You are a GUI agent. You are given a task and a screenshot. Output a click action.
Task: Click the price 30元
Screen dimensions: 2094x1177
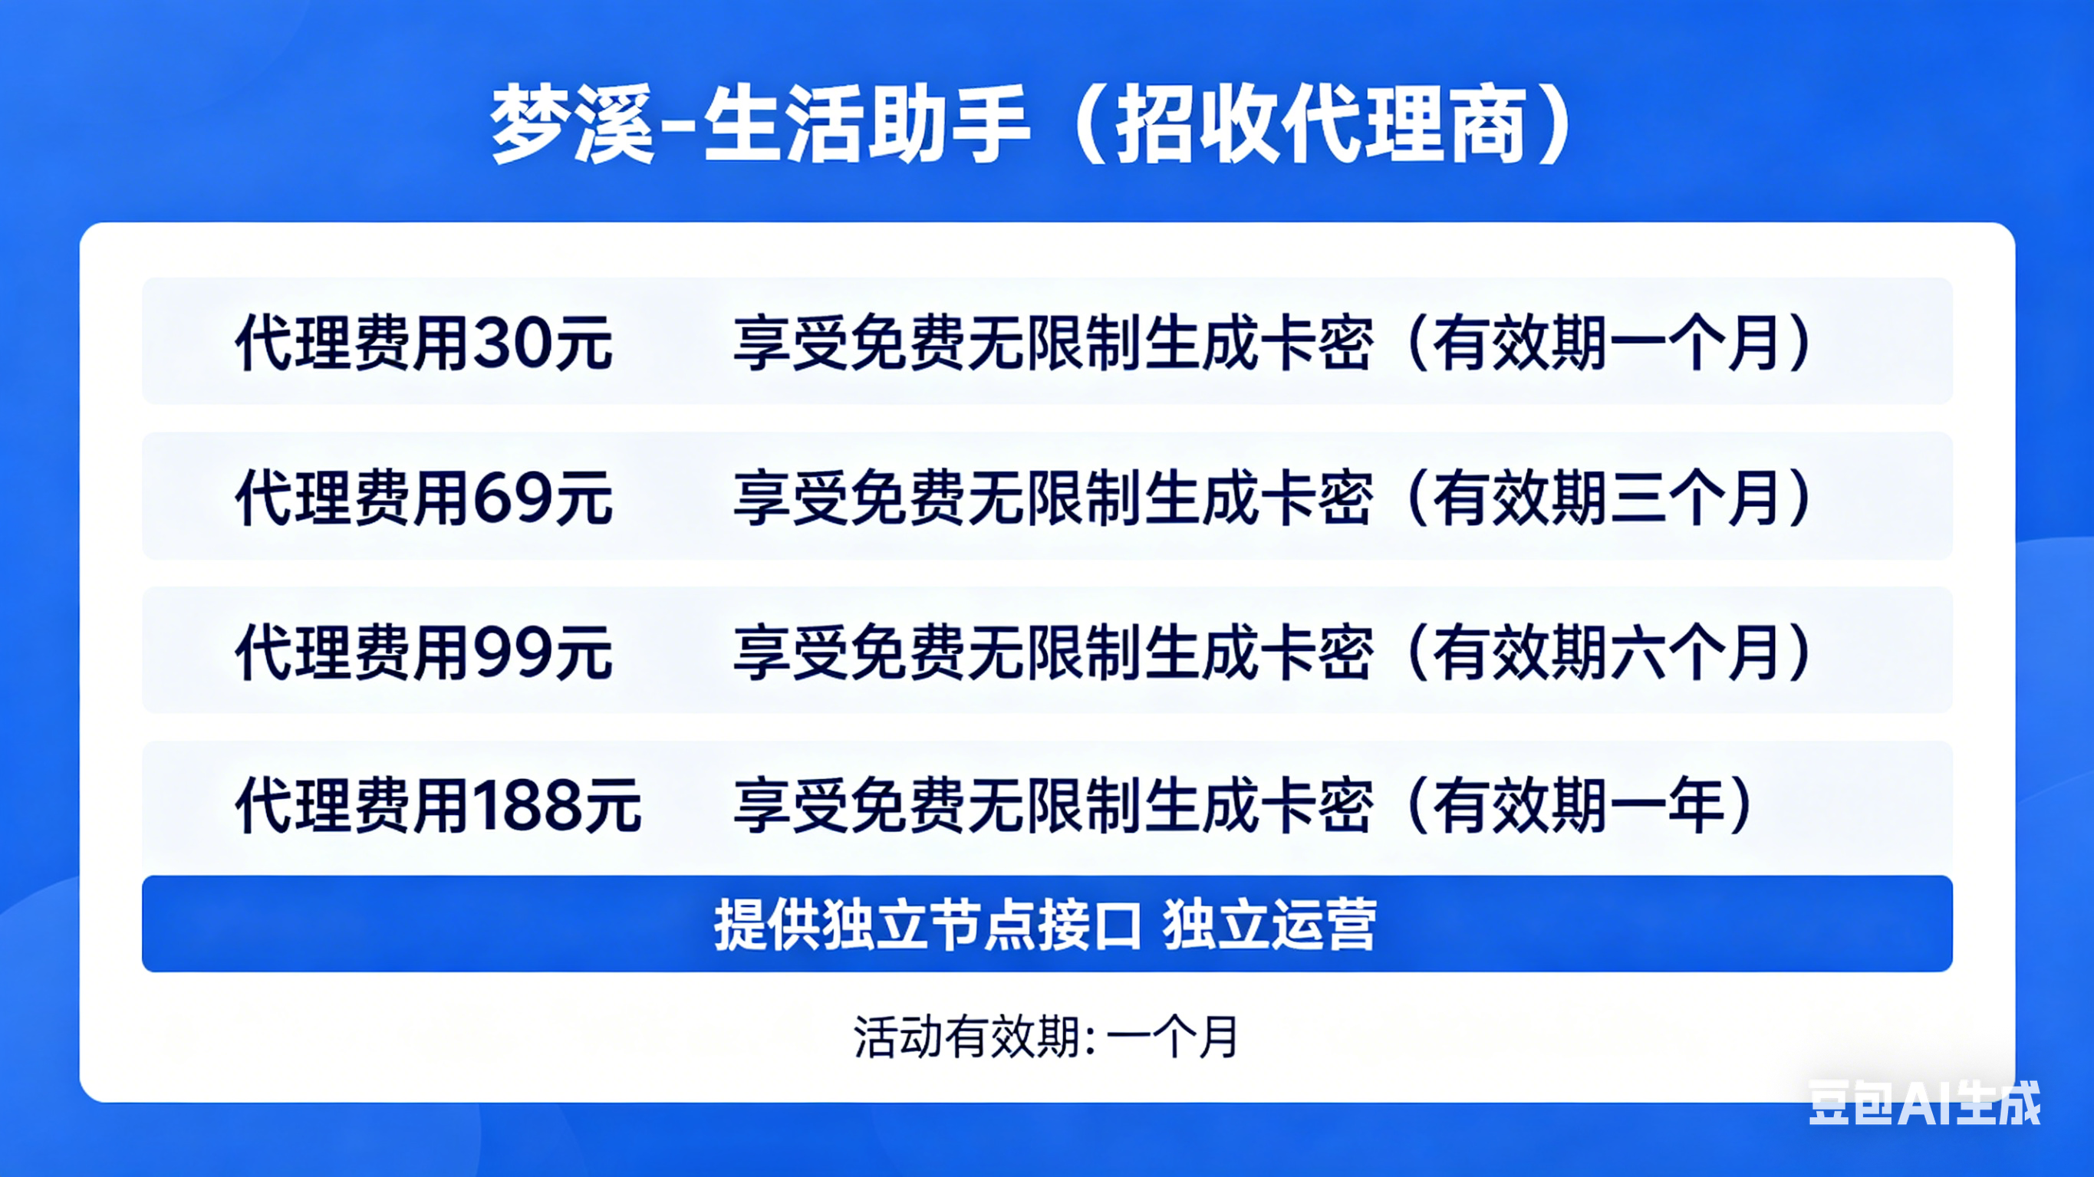[x=542, y=343]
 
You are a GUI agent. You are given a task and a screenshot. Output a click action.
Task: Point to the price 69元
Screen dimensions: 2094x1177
[x=542, y=498]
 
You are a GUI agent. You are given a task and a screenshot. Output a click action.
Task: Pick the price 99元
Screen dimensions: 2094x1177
[x=542, y=653]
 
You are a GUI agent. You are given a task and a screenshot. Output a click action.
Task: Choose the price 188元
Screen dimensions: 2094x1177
[x=557, y=806]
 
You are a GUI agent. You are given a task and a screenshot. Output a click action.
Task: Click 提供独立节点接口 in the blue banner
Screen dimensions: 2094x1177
[x=928, y=925]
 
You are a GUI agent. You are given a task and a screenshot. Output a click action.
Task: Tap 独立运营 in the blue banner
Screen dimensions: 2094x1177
[x=1269, y=925]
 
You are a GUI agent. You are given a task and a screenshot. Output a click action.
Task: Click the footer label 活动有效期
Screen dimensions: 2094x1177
[x=966, y=1037]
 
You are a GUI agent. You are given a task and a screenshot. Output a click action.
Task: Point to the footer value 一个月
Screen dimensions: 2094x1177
[x=1171, y=1037]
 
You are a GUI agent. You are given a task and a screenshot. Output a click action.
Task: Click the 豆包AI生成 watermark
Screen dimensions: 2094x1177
[x=1924, y=1103]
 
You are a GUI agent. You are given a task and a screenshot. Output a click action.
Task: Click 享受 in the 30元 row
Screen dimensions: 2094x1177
[x=792, y=343]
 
